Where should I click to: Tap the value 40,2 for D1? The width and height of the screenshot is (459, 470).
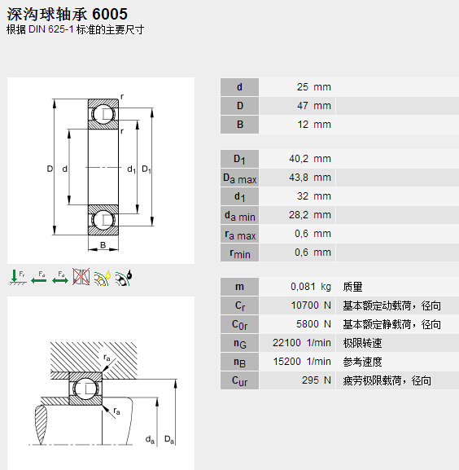point(299,159)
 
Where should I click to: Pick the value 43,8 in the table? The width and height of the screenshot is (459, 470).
point(299,178)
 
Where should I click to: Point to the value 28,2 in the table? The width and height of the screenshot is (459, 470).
point(299,215)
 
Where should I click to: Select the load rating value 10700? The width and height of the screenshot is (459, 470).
point(305,305)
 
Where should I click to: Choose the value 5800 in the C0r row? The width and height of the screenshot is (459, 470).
point(308,324)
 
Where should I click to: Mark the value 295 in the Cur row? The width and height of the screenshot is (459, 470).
point(311,380)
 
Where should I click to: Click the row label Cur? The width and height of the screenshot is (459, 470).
point(239,380)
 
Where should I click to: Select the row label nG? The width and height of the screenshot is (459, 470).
point(239,343)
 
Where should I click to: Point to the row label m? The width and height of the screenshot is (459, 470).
point(239,287)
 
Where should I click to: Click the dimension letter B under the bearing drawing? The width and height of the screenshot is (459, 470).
point(103,245)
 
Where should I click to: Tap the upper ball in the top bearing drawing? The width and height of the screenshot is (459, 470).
point(103,114)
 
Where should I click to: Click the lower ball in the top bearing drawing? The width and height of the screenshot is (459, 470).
point(103,221)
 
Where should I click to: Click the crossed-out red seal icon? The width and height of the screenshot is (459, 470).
point(81,277)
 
